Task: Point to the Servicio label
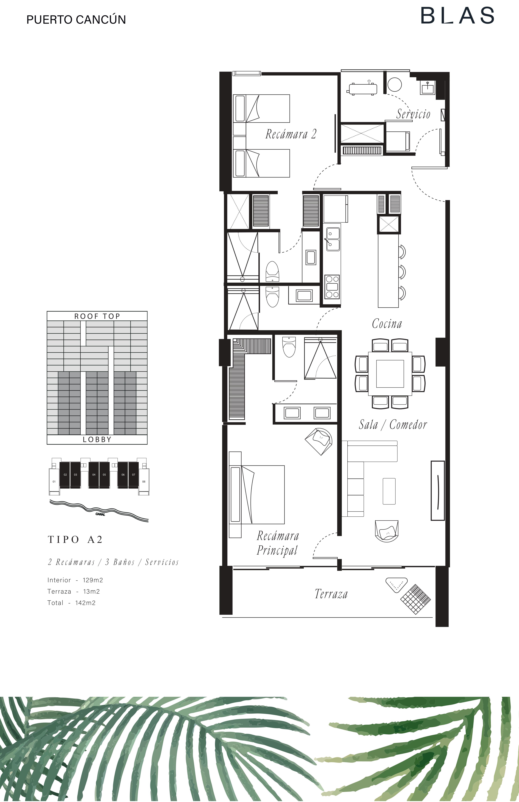point(413,114)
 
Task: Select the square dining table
point(390,374)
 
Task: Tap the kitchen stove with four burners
point(332,286)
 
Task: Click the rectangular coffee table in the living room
point(389,491)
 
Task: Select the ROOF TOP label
point(97,316)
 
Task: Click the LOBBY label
point(97,439)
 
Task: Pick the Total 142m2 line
point(71,603)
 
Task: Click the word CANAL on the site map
point(100,514)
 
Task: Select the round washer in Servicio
point(395,84)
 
